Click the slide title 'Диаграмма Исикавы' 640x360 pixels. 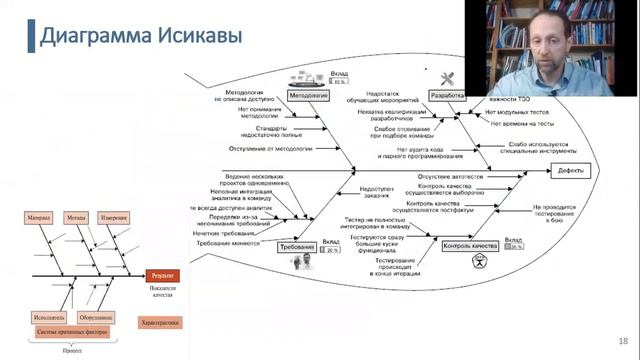coord(140,36)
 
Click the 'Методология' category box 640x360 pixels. coord(309,96)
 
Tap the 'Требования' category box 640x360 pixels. coord(299,273)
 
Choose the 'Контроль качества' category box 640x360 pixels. coord(469,245)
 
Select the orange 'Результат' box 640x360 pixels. coord(163,273)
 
